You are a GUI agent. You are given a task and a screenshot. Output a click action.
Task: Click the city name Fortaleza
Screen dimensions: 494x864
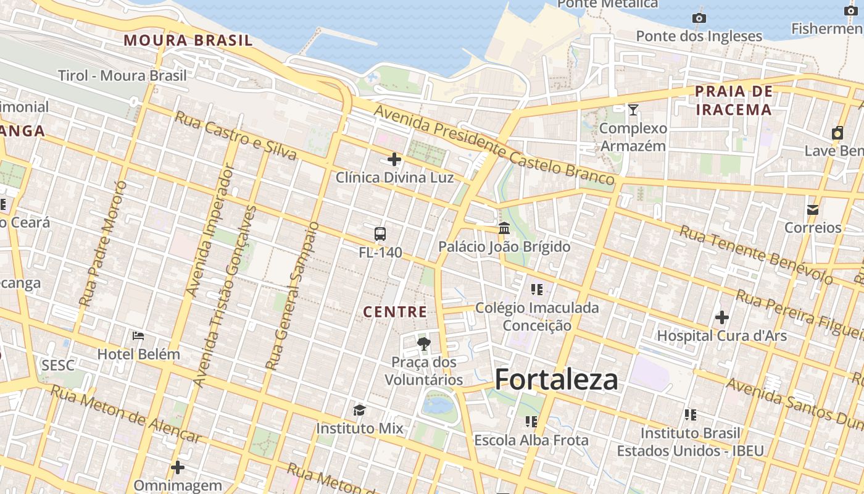pos(556,379)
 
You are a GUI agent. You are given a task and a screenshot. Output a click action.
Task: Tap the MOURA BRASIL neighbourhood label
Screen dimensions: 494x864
pos(188,41)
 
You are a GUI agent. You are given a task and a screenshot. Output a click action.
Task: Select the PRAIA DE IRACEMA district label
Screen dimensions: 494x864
pos(733,101)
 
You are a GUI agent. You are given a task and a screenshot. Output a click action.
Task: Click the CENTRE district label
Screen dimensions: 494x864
pos(395,312)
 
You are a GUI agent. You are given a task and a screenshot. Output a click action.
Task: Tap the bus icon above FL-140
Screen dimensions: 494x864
pos(380,234)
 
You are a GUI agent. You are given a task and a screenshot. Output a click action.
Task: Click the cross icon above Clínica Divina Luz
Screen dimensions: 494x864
pos(394,160)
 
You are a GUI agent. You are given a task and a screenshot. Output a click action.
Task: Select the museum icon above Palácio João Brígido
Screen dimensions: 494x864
pos(504,228)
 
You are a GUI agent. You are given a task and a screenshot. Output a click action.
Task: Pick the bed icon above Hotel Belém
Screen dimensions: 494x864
pos(138,336)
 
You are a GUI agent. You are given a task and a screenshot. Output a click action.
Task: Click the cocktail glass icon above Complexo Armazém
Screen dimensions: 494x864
pos(633,110)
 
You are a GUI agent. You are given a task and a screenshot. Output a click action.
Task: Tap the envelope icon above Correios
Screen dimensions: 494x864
pos(813,210)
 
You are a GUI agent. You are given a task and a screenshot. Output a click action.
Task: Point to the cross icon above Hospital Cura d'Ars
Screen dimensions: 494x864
pos(721,317)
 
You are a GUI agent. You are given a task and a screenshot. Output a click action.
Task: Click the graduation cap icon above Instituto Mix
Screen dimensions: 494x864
pos(359,410)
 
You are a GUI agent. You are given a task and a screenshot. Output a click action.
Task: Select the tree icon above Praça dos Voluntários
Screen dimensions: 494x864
pos(423,344)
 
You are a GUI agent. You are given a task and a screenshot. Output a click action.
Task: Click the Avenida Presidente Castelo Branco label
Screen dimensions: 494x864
pos(494,146)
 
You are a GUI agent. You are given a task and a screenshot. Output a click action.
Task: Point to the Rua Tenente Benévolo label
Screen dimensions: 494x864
pos(756,254)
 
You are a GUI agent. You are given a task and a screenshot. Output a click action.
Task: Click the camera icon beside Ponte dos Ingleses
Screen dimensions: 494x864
pos(699,18)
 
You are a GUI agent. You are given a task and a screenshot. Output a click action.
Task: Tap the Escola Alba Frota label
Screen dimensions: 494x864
pos(531,440)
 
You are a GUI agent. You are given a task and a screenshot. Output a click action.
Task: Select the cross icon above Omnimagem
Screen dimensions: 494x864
pos(178,467)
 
